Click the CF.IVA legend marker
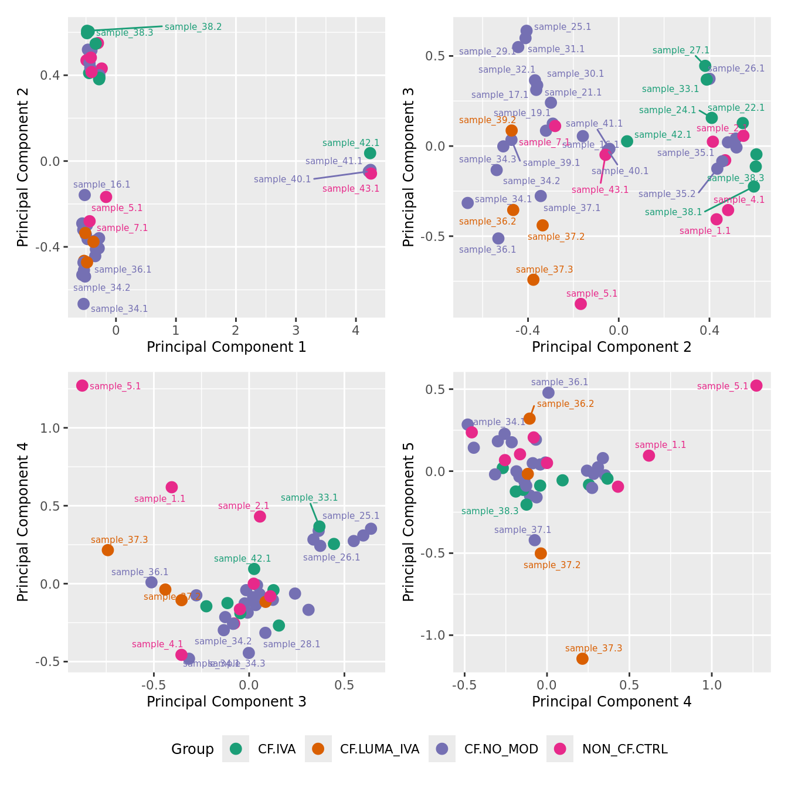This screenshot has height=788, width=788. (x=236, y=749)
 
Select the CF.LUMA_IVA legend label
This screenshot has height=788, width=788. (x=379, y=749)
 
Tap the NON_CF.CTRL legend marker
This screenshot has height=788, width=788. (x=560, y=749)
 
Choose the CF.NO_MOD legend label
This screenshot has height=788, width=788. (x=501, y=749)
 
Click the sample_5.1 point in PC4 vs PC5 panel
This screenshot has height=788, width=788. (x=756, y=385)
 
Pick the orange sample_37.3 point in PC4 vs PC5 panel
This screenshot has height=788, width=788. (x=582, y=658)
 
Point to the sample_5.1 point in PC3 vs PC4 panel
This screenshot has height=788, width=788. (x=82, y=385)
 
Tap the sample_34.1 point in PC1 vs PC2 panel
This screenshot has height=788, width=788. (x=84, y=304)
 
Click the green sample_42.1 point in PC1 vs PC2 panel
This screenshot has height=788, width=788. (x=370, y=153)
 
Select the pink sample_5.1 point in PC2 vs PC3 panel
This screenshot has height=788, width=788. (x=580, y=304)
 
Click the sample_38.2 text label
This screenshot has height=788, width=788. (x=193, y=27)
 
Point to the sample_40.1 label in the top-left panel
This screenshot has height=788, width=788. (x=282, y=179)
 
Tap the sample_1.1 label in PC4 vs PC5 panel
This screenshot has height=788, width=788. (x=660, y=445)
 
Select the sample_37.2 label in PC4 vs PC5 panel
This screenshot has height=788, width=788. (x=552, y=565)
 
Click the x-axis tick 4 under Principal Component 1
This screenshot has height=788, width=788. (x=355, y=330)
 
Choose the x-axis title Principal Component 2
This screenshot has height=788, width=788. (x=612, y=347)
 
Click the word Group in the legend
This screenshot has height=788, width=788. (x=192, y=749)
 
